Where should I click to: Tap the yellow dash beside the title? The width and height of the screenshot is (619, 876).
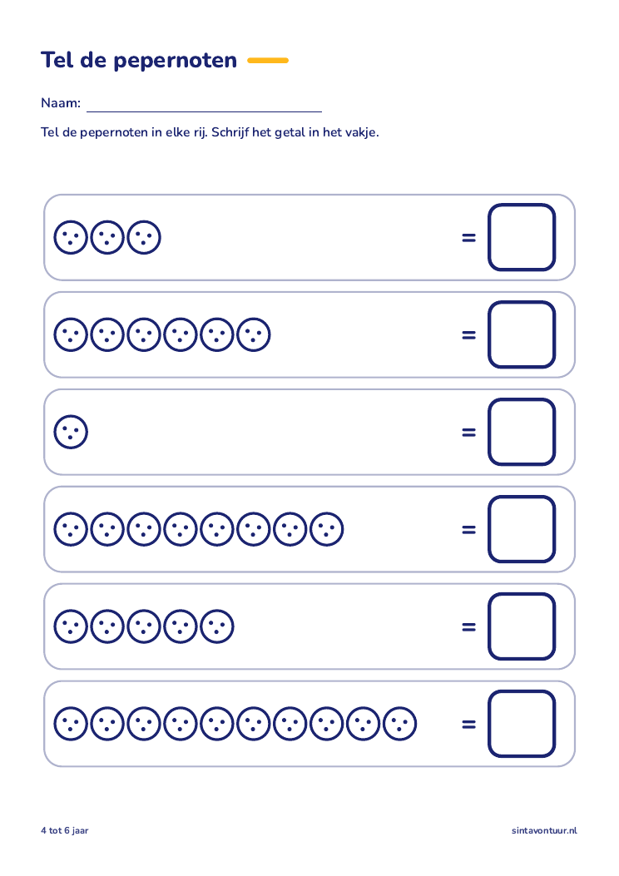tap(268, 61)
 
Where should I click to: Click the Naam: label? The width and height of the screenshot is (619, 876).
tap(61, 103)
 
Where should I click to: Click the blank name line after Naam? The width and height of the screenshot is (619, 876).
tap(205, 111)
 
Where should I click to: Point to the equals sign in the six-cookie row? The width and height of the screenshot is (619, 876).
tap(468, 335)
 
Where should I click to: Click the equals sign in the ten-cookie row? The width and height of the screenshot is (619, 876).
tap(468, 724)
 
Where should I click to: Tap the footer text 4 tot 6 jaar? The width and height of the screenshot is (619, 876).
tap(65, 831)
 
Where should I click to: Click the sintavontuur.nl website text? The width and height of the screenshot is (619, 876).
tap(545, 831)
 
